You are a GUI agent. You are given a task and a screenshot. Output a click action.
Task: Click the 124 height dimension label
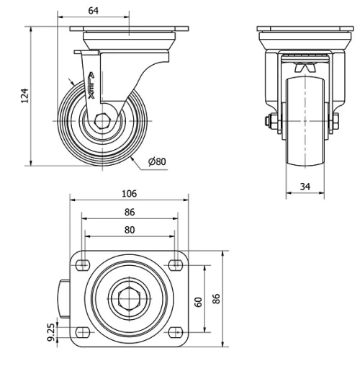[x=25, y=96]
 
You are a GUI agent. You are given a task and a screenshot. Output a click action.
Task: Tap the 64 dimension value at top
[x=94, y=11]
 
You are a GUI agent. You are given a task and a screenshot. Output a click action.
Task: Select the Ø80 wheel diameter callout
[x=157, y=161]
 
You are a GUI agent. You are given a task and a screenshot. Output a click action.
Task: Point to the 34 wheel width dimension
[x=305, y=187]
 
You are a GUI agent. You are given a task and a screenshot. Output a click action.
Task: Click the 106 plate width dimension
[x=130, y=194]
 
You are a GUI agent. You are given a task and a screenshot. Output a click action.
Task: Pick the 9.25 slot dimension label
[x=51, y=332]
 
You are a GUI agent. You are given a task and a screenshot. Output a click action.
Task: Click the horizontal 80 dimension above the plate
[x=130, y=230]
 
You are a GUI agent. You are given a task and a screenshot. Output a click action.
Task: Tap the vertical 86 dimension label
[x=217, y=298]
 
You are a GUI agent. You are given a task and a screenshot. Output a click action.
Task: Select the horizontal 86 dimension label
[x=130, y=213]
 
